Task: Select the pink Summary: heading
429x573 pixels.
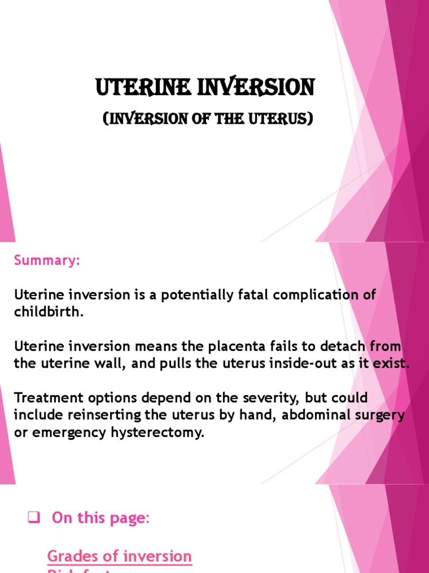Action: point(47,261)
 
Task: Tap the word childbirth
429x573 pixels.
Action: point(49,312)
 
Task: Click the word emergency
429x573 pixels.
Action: point(60,433)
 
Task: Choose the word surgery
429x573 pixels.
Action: point(381,415)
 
